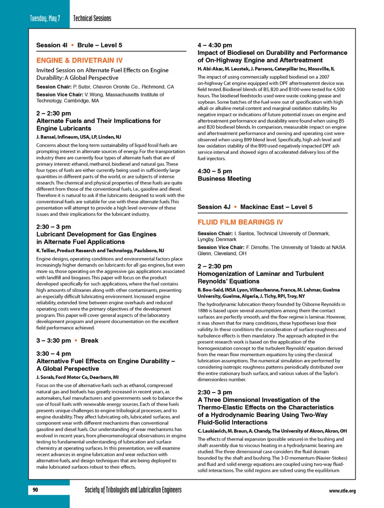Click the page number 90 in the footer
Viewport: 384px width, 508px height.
[x=35, y=490]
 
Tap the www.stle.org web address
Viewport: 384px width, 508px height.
[x=342, y=491]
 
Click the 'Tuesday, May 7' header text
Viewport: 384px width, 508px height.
[x=45, y=18]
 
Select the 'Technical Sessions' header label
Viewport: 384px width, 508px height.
[x=92, y=18]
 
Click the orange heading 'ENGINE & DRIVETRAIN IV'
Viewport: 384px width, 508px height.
[x=80, y=60]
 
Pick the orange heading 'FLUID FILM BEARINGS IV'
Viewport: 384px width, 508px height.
[x=240, y=222]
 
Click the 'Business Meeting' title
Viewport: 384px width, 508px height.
[x=224, y=179]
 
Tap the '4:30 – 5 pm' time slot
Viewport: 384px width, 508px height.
[x=215, y=171]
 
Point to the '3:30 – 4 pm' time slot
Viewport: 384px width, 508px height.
[x=54, y=353]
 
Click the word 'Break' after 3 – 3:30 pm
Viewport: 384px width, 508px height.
[x=90, y=341]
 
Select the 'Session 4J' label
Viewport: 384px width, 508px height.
[x=214, y=207]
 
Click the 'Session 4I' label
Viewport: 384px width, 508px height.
[x=52, y=45]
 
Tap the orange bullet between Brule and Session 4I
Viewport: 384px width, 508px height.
[x=72, y=45]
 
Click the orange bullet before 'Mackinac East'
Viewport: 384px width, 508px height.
[x=235, y=207]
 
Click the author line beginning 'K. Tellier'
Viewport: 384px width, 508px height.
[x=100, y=251]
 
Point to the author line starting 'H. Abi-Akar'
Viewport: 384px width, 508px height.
[x=266, y=69]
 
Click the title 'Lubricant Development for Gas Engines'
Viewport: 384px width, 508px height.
[x=96, y=234]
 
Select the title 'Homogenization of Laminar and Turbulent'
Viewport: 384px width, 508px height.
[x=261, y=274]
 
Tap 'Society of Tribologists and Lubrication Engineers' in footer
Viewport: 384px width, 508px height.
[x=133, y=490]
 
